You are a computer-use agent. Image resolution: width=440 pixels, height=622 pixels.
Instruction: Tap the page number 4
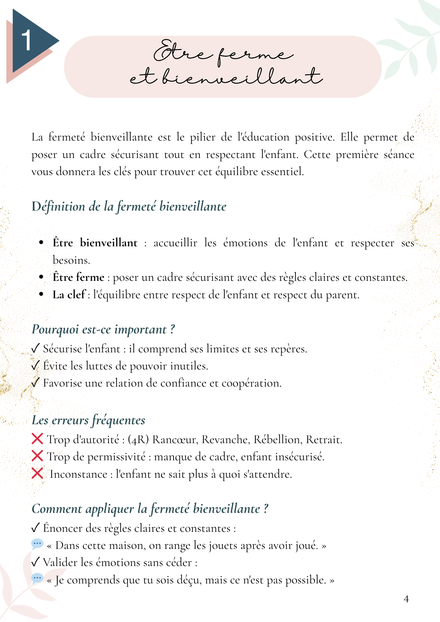[x=406, y=599]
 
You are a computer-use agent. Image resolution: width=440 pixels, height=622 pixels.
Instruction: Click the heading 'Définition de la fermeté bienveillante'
[x=129, y=207]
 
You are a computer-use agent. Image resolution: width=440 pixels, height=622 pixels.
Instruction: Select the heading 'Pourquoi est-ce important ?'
[x=103, y=329]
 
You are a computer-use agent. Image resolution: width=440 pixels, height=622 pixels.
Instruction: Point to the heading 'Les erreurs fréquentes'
[x=88, y=420]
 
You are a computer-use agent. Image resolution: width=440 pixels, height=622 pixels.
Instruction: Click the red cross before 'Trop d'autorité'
[x=37, y=439]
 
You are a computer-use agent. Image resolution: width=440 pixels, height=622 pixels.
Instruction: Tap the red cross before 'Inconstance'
[x=37, y=474]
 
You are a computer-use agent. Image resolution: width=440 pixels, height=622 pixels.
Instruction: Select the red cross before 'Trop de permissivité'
[x=37, y=456]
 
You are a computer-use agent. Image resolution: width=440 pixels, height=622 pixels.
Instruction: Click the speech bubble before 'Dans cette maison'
[x=37, y=544]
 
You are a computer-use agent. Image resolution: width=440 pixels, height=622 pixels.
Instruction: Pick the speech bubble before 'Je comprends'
[x=37, y=578]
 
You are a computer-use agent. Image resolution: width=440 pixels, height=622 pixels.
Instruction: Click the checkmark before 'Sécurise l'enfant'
[x=35, y=348]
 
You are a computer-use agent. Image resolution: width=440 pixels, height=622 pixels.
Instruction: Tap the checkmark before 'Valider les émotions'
[x=35, y=562]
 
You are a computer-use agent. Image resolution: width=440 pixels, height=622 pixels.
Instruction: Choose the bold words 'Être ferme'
[x=78, y=277]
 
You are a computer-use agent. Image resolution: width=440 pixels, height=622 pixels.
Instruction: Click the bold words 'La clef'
[x=69, y=295]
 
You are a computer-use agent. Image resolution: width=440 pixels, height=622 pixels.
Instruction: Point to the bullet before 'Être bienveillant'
[x=41, y=243]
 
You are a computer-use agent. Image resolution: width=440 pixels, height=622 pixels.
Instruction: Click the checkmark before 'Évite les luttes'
[x=35, y=365]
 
